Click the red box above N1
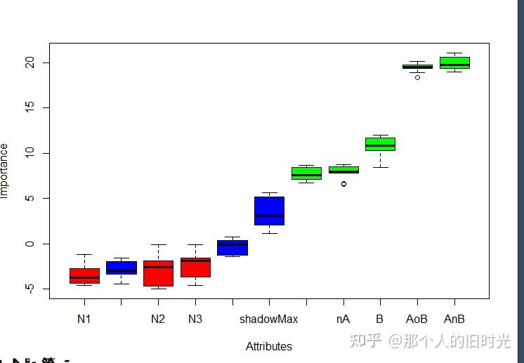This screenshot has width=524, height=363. (x=84, y=275)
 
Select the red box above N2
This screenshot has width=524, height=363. (x=158, y=272)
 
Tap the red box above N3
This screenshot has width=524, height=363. (x=195, y=267)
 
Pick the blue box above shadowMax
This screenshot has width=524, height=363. (x=269, y=211)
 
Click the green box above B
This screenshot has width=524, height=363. (x=380, y=144)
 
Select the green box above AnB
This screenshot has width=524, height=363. (x=454, y=62)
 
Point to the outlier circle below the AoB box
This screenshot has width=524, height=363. (x=417, y=77)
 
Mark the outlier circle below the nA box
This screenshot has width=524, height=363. (x=343, y=183)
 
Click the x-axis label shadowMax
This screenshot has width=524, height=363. (x=268, y=319)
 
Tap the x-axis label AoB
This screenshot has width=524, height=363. (x=417, y=319)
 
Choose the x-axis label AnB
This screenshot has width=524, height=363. (x=454, y=319)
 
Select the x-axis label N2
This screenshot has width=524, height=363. (x=158, y=319)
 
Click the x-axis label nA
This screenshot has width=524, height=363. (x=343, y=319)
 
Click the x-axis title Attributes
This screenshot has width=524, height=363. (x=269, y=346)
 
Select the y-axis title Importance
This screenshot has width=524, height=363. (x=5, y=171)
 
